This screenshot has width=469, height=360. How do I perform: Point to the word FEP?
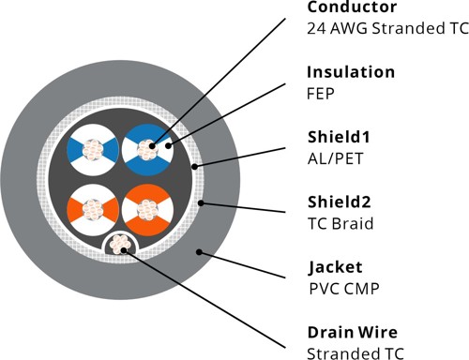click(322, 93)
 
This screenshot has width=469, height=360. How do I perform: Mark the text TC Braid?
click(339, 222)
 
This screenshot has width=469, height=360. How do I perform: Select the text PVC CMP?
click(342, 287)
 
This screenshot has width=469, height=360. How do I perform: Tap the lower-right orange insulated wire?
click(145, 212)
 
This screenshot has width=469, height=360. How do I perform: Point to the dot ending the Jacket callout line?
click(199, 251)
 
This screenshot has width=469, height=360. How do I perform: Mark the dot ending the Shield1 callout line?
click(193, 167)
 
